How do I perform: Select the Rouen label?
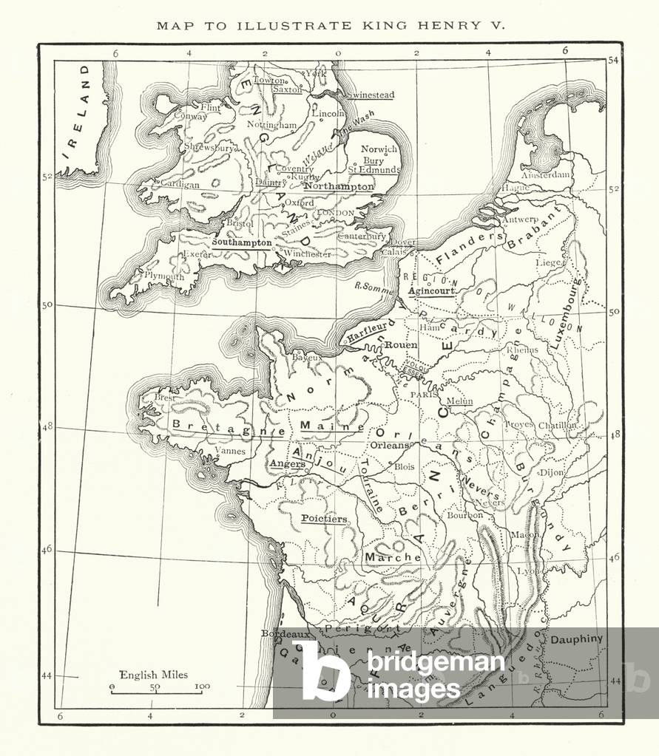(x=402, y=345)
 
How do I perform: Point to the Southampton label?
(x=242, y=242)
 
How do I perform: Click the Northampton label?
(x=339, y=187)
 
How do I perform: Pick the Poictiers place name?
(x=324, y=519)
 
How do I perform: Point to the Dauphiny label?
(x=577, y=638)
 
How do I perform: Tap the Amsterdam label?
(x=546, y=175)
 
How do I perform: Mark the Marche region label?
(x=382, y=557)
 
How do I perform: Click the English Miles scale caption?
(x=154, y=675)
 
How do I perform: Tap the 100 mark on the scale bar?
(x=201, y=687)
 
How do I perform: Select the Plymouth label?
(x=163, y=276)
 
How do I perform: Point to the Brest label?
(x=165, y=397)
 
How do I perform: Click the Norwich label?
(x=379, y=149)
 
